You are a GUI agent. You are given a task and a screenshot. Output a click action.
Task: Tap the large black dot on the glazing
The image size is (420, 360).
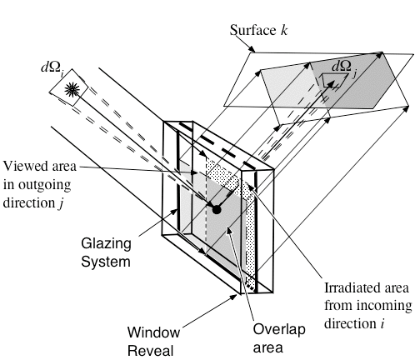217,208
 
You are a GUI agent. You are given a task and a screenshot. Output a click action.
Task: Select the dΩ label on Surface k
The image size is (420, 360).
344,67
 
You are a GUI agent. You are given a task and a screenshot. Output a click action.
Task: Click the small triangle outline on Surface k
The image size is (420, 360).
333,80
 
